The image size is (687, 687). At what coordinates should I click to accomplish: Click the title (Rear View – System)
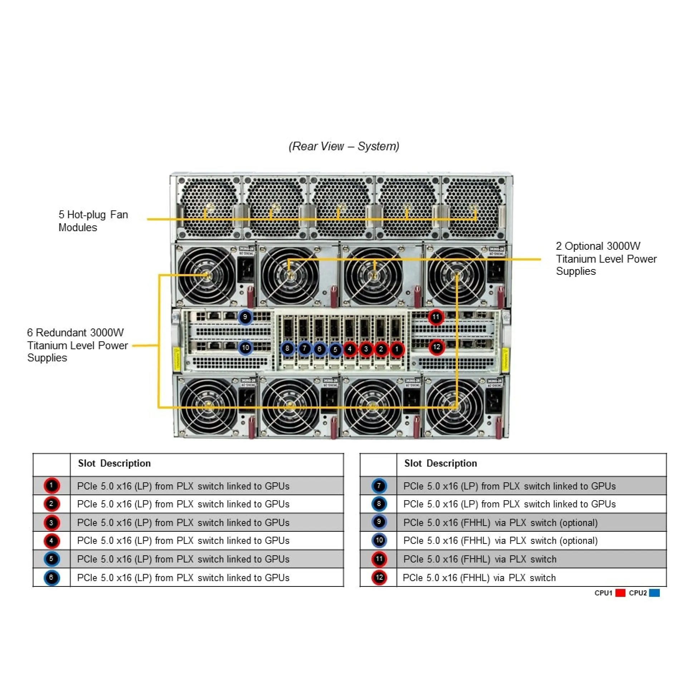[x=343, y=146]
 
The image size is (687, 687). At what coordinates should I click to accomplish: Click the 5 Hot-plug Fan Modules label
[x=93, y=221]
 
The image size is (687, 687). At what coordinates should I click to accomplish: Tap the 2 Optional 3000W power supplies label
[x=606, y=258]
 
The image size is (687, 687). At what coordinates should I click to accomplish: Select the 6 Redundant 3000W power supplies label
[x=77, y=345]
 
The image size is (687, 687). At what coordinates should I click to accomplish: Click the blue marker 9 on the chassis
[x=245, y=317]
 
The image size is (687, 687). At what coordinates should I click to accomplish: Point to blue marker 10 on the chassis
[x=245, y=347]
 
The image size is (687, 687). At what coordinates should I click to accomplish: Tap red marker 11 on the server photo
[x=436, y=317]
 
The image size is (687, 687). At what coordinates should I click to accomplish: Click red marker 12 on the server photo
[x=437, y=347]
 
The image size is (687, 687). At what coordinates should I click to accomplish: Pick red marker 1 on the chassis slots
[x=396, y=349]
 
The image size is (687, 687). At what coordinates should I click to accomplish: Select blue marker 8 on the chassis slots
[x=287, y=349]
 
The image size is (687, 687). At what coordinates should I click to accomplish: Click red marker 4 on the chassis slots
[x=350, y=349]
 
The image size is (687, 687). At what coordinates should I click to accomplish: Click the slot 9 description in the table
[x=500, y=522]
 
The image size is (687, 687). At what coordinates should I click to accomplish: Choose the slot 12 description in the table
[x=479, y=578]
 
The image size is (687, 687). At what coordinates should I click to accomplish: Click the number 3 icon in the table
[x=52, y=523]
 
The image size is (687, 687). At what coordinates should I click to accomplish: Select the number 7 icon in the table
[x=379, y=486]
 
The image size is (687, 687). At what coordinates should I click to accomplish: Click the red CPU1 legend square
[x=620, y=593]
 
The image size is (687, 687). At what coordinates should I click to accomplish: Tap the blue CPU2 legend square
[x=654, y=593]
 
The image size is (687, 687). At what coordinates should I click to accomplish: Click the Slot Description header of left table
[x=114, y=463]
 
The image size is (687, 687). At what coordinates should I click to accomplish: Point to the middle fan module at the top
[x=341, y=207]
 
